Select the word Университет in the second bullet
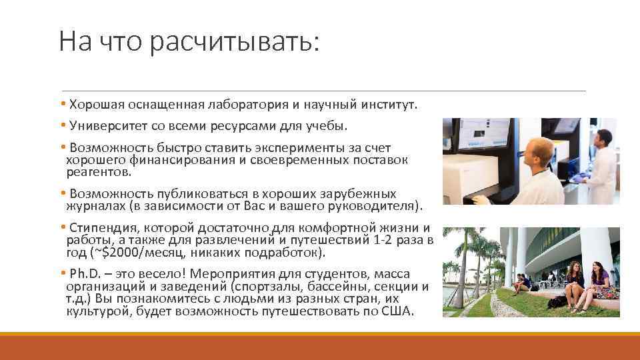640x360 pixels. pyautogui.click(x=106, y=125)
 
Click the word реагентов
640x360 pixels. pyautogui.click(x=99, y=171)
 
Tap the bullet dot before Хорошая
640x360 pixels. pyautogui.click(x=62, y=105)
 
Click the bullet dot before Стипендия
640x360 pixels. pyautogui.click(x=62, y=228)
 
